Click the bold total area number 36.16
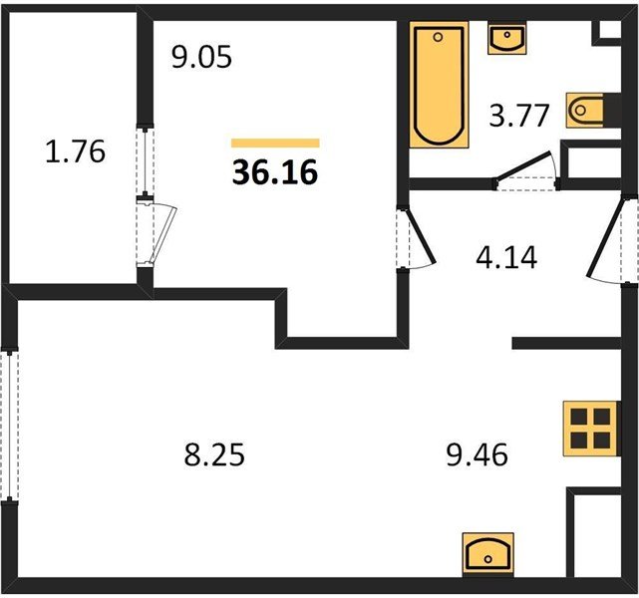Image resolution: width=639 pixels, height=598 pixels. [275, 171]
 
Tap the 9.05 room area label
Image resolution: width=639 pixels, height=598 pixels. [201, 57]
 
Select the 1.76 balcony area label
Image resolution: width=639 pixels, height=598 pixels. [76, 151]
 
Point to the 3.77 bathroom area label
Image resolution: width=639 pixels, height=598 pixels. [518, 116]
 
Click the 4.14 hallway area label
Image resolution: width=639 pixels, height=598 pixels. [506, 257]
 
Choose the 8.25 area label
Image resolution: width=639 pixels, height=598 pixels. [214, 454]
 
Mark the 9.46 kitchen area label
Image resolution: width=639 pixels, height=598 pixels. [478, 454]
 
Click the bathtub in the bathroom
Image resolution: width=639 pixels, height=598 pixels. [439, 85]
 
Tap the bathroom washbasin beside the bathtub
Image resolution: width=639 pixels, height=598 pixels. [506, 39]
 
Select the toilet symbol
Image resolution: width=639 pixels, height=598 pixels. [586, 110]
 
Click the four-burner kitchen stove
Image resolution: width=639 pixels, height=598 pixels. [590, 429]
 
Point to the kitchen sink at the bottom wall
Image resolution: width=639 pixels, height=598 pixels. [487, 554]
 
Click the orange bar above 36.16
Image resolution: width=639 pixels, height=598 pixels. [275, 143]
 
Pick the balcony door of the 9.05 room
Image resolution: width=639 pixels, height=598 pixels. [157, 233]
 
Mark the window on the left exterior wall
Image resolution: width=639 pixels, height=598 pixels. [9, 425]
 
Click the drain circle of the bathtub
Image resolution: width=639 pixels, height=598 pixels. [438, 38]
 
